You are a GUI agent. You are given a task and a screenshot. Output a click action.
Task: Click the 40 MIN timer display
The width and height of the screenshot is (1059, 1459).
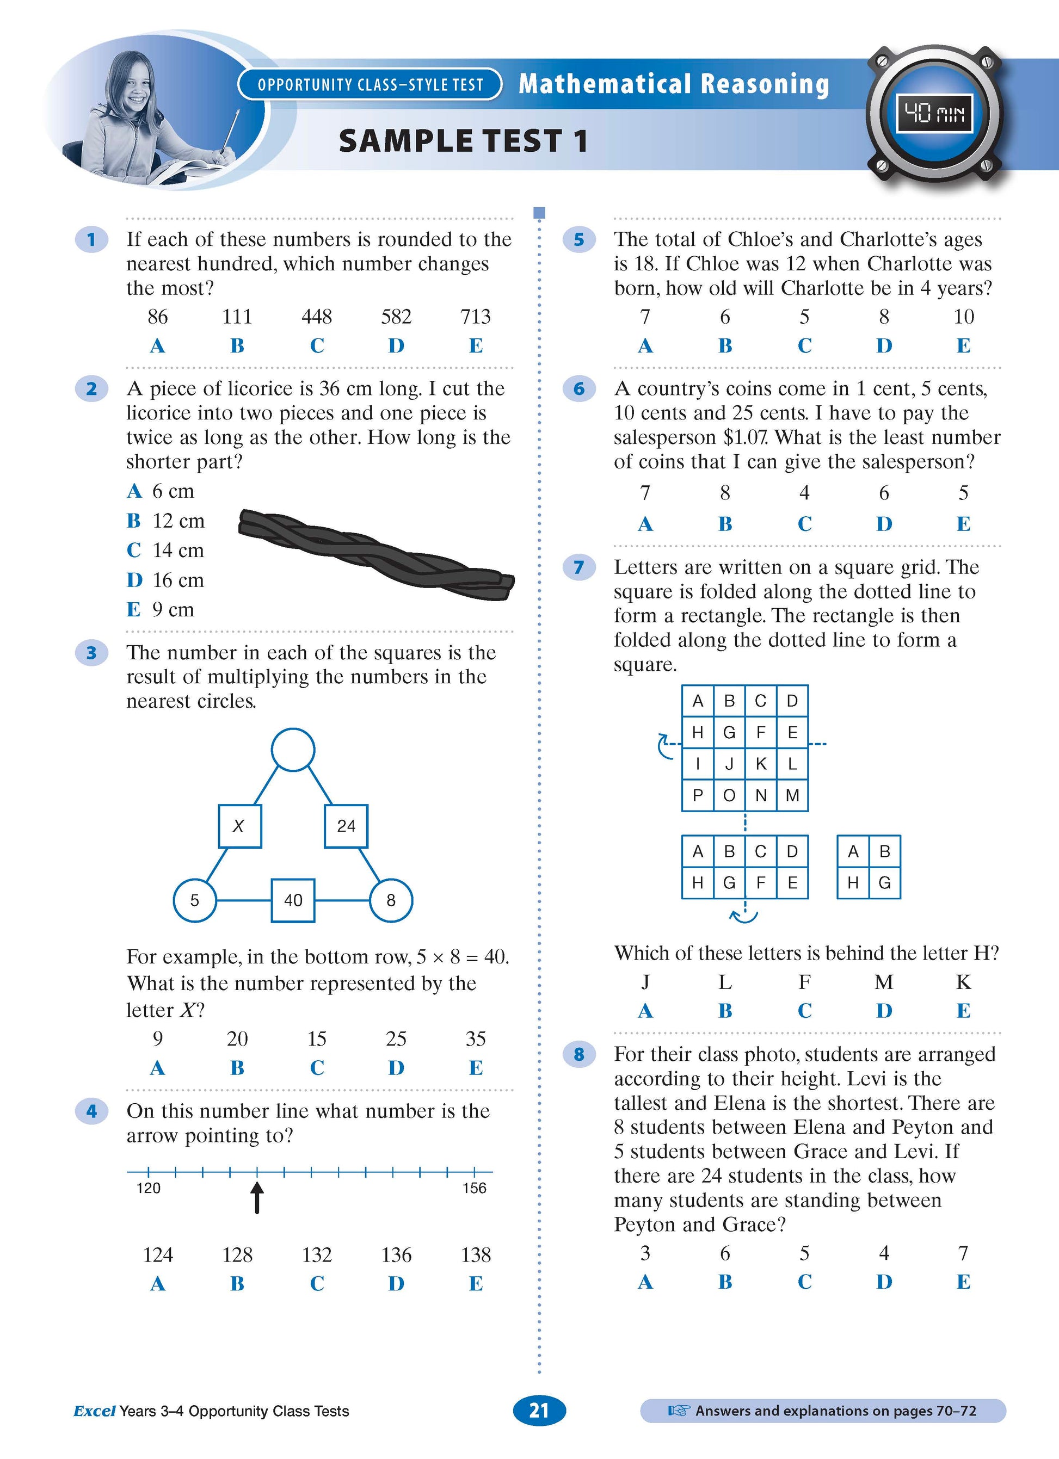(x=935, y=114)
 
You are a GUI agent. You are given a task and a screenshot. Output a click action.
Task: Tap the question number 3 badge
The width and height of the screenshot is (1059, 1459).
(x=91, y=652)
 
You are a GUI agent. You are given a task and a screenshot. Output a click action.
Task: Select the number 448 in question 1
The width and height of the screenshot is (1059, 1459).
(x=317, y=317)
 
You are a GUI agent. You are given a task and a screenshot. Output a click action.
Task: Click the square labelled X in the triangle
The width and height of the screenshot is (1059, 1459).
(x=239, y=826)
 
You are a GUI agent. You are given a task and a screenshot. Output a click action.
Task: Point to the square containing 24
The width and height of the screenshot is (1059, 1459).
(x=346, y=826)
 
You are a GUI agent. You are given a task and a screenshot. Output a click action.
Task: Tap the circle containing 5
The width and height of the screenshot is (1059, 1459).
(x=195, y=900)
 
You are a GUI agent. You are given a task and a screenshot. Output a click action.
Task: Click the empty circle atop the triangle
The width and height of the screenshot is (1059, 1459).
(x=293, y=750)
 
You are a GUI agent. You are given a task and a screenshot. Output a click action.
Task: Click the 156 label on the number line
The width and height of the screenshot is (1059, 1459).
(x=474, y=1188)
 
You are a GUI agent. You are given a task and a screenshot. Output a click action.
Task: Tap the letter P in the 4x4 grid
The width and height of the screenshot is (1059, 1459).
(x=698, y=795)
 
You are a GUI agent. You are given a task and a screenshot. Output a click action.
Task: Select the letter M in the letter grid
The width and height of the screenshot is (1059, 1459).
(x=792, y=795)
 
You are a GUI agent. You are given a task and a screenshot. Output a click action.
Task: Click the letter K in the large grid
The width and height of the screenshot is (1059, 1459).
(x=760, y=764)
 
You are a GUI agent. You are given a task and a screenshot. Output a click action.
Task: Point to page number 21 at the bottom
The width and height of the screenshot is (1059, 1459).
(x=539, y=1411)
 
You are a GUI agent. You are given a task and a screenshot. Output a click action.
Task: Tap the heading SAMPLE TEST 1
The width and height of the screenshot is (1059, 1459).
(x=463, y=141)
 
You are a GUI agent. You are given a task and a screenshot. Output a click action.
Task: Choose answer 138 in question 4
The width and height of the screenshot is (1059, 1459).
(x=476, y=1254)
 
